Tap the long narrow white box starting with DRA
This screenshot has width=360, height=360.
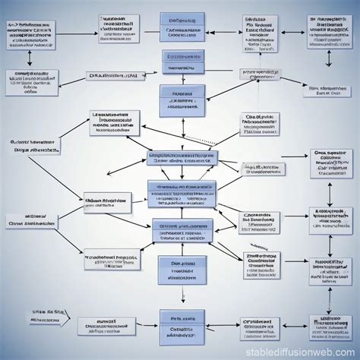113,75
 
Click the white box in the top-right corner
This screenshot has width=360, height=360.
330,31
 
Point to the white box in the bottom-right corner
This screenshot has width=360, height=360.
330,326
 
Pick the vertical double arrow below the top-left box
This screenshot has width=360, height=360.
29,58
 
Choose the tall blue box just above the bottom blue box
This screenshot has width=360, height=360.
181,276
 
